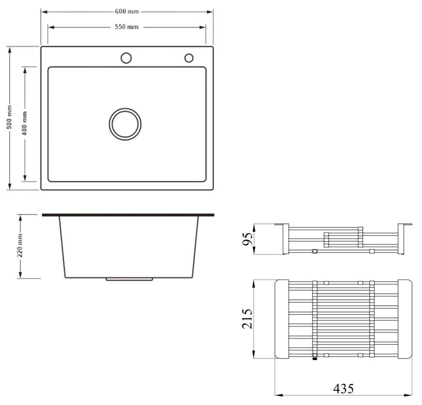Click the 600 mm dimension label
(127, 12)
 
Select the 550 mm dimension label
(127, 27)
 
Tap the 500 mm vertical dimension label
(9, 117)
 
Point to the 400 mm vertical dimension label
(24, 123)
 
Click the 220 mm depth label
(20, 245)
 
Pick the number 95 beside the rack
(247, 239)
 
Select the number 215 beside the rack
(247, 319)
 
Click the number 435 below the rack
(343, 389)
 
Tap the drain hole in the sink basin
(125, 124)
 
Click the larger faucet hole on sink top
(126, 58)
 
